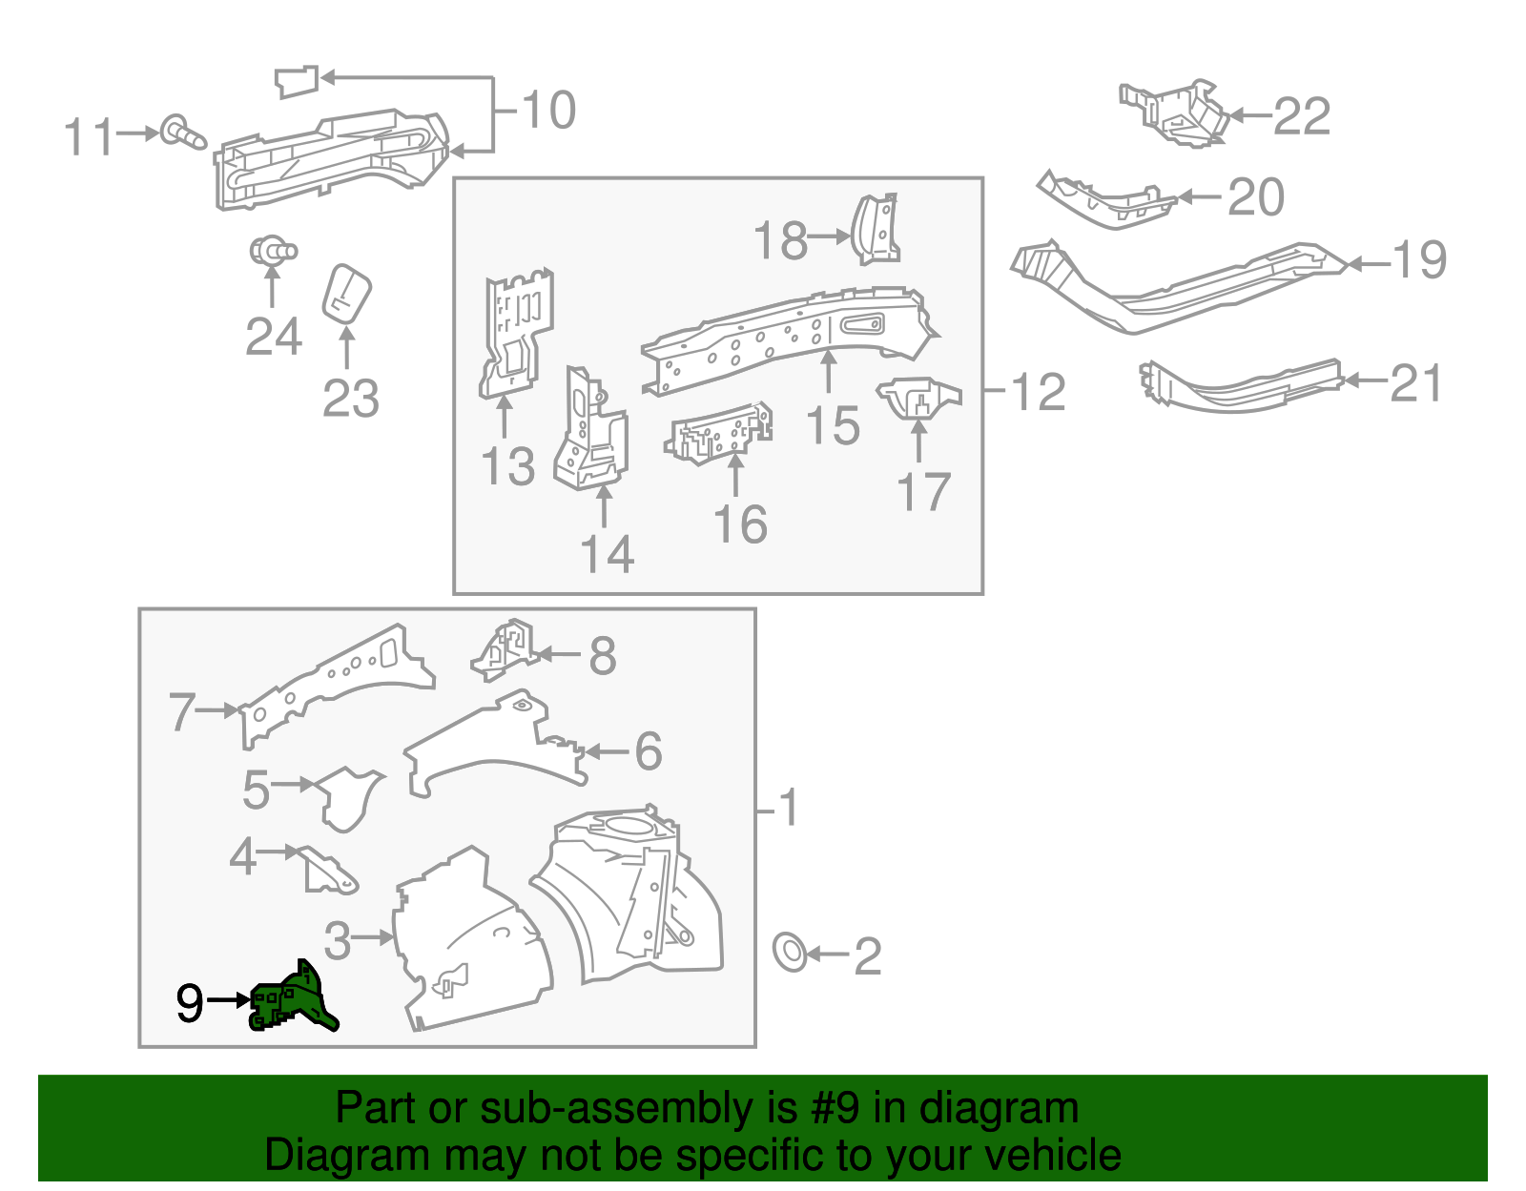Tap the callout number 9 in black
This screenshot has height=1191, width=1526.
point(190,1003)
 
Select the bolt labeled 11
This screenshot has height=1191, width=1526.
point(181,133)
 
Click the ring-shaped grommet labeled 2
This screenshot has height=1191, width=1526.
point(790,952)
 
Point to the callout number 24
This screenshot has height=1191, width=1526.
point(274,337)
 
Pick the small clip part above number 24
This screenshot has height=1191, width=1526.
point(273,251)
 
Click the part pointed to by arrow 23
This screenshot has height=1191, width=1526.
point(346,294)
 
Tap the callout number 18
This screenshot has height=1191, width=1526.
point(780,240)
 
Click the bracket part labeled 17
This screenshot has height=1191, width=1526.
point(917,397)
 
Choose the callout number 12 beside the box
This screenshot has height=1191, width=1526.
point(1038,392)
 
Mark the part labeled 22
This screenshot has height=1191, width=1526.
point(1175,112)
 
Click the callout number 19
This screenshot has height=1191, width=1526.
point(1419,259)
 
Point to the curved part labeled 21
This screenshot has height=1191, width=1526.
point(1240,386)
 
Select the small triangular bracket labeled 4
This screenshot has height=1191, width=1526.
point(328,871)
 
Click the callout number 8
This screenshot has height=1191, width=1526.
point(603,656)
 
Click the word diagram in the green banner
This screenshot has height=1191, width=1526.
point(1018,1109)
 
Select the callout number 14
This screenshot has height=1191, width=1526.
point(608,554)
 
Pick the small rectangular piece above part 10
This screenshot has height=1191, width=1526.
point(296,81)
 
